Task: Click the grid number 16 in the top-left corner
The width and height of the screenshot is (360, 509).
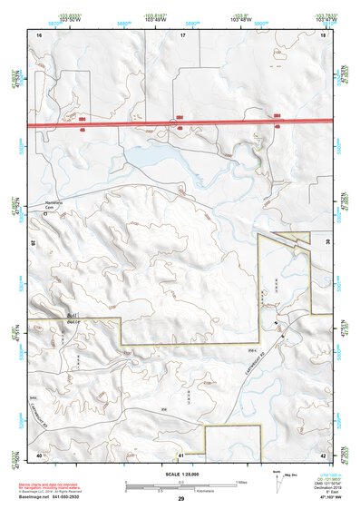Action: click(39, 34)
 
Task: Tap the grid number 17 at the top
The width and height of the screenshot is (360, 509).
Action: click(182, 34)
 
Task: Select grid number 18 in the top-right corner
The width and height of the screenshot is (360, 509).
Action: click(323, 34)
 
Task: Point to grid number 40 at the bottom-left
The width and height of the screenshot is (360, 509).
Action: click(39, 454)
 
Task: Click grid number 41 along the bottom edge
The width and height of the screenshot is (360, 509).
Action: click(181, 454)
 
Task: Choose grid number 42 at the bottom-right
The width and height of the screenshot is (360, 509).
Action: click(323, 454)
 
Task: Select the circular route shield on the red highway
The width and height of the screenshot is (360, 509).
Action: click(172, 122)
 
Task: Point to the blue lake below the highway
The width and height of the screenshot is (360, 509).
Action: click(154, 157)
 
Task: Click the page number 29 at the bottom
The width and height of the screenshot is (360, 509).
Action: click(181, 500)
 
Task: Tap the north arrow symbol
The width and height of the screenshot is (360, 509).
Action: click(277, 482)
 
